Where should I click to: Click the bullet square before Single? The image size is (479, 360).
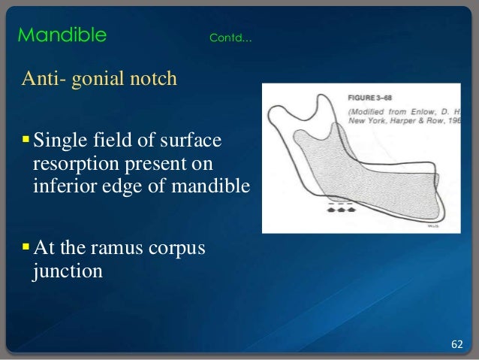(x=26, y=141)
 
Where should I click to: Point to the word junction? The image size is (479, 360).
(x=65, y=271)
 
